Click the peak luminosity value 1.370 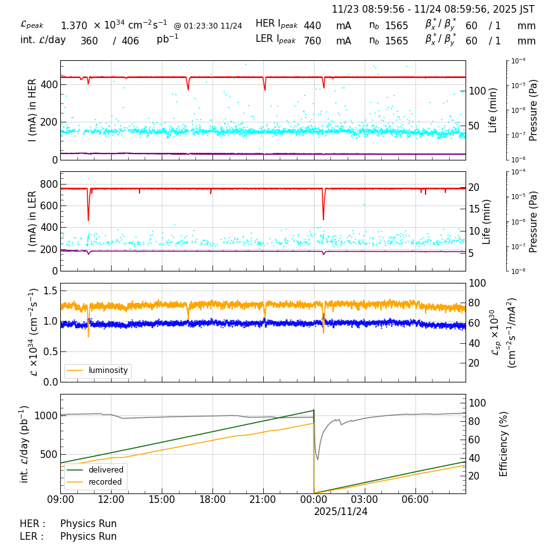pos(74,26)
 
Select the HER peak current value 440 pos(312,26)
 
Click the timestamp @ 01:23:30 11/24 pos(207,26)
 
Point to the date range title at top pos(433,10)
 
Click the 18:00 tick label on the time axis pos(212,499)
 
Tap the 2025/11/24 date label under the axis pos(341,511)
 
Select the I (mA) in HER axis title pos(32,110)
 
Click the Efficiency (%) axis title pos(504,443)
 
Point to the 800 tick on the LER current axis pos(50,184)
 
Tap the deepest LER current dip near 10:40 pos(88,219)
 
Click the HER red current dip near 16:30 pos(188,89)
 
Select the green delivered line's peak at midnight pos(313,410)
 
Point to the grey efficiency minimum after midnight pos(317,459)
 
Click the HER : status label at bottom pos(32,524)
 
